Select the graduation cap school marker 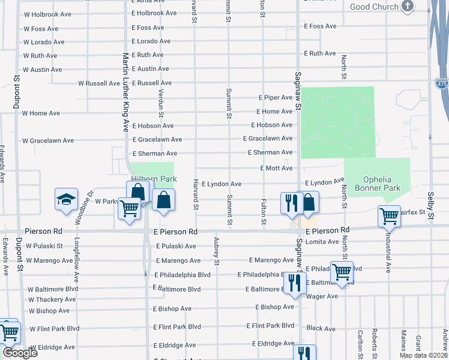pyautogui.click(x=66, y=200)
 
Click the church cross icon pyautogui.click(x=408, y=7)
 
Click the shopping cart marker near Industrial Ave pyautogui.click(x=389, y=217)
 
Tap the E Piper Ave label pyautogui.click(x=276, y=97)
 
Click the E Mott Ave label pyautogui.click(x=276, y=169)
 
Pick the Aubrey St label pyautogui.click(x=217, y=251)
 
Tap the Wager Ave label pyautogui.click(x=322, y=296)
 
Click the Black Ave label pyautogui.click(x=321, y=329)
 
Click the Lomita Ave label pyautogui.click(x=322, y=242)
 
